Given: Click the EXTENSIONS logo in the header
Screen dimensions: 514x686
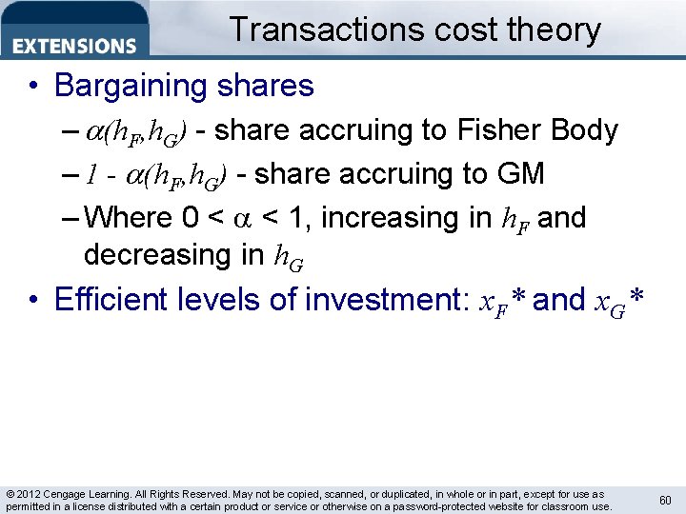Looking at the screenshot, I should tap(74, 45).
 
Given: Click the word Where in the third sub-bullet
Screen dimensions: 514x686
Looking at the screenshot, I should tap(128, 217).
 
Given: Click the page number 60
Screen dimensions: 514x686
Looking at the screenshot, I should tap(664, 501).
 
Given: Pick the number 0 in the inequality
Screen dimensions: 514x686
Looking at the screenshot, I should tap(190, 217).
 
